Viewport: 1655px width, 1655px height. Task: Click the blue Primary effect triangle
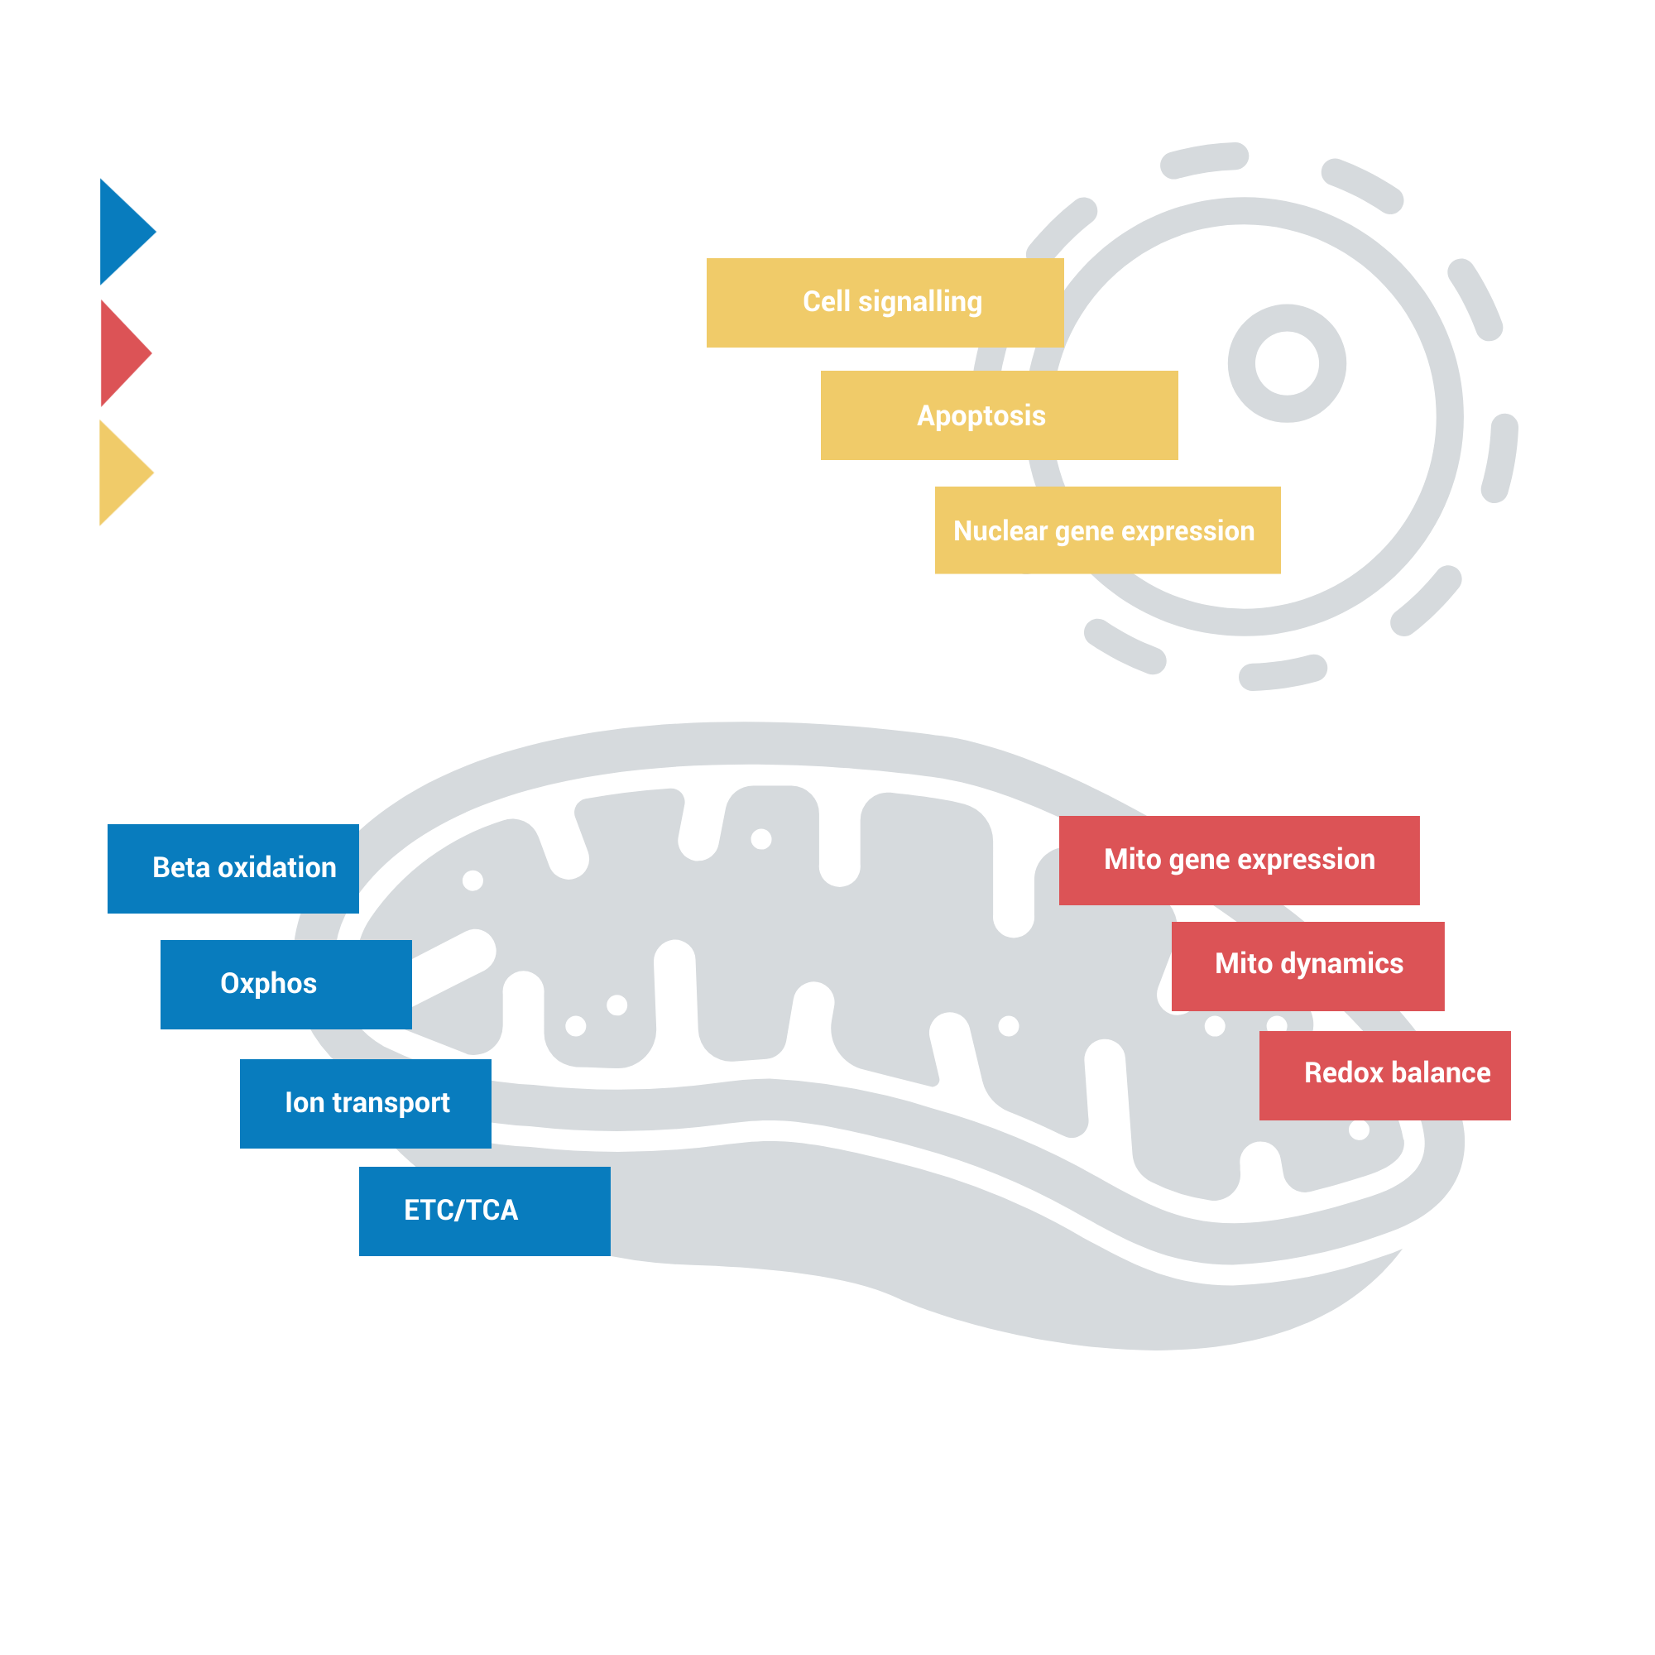[122, 233]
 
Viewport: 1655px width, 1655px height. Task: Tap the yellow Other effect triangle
[122, 473]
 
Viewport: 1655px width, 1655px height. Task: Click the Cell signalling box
[885, 302]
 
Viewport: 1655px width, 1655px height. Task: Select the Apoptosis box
[999, 415]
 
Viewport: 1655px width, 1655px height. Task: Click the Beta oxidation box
[233, 869]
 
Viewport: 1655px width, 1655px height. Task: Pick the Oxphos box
[286, 984]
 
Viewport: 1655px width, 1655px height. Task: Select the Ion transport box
[366, 1103]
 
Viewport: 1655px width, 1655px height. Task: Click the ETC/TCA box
[485, 1211]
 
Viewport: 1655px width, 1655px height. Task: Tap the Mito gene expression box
[1239, 860]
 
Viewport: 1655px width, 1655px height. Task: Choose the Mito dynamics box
[1308, 966]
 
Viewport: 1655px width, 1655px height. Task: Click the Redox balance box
[1384, 1075]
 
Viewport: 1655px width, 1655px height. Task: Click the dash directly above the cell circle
[1203, 160]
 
